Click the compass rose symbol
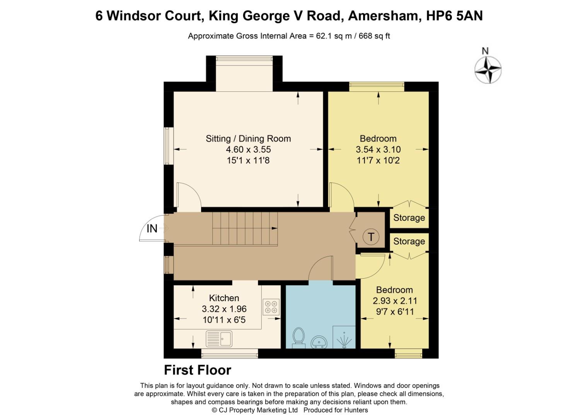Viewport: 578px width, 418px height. (488, 70)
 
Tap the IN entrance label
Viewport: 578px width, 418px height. (152, 229)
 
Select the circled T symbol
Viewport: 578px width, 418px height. (371, 236)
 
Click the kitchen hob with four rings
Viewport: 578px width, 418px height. (271, 307)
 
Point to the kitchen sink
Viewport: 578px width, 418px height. (219, 339)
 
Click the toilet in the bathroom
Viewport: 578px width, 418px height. (298, 337)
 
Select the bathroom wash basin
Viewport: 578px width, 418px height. (319, 342)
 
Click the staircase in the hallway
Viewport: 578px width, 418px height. (245, 228)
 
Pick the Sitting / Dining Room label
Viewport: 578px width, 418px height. (248, 139)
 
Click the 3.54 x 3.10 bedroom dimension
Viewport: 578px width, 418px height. (378, 149)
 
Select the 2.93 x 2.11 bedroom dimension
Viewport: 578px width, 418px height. (395, 301)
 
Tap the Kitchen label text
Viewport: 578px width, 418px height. (224, 298)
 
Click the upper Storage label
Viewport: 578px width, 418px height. (409, 218)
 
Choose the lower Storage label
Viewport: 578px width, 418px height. (409, 242)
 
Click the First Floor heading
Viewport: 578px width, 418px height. (198, 370)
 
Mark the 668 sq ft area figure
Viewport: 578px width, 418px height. (374, 36)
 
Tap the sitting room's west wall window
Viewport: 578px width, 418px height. (166, 146)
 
